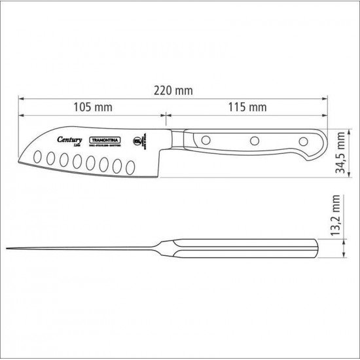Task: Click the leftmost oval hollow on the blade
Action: (38, 156)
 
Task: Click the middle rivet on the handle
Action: (253, 139)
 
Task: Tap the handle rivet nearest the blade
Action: (204, 139)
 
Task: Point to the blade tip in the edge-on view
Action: (8, 249)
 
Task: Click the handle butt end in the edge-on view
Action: (317, 249)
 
